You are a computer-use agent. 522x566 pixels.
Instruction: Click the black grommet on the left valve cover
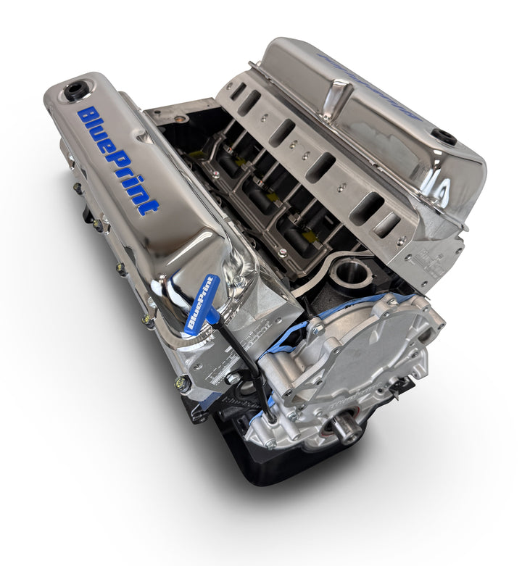(74, 91)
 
